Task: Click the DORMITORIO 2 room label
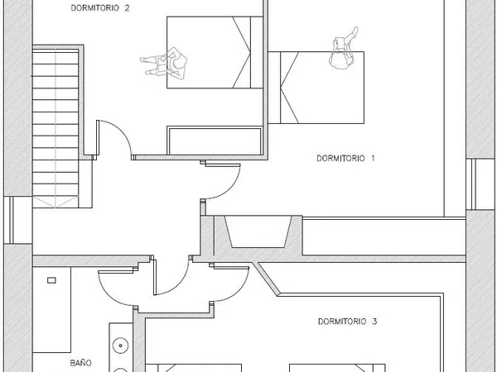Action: tap(100, 8)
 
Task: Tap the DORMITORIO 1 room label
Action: tap(345, 158)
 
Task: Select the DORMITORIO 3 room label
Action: tap(347, 322)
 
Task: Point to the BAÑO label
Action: tap(81, 363)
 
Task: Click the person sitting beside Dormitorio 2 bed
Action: tap(165, 64)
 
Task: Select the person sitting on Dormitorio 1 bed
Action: tap(344, 48)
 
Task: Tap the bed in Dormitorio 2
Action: tap(215, 52)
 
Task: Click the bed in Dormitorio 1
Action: tap(316, 88)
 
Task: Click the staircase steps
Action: tap(55, 126)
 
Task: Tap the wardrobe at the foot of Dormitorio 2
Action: tap(215, 141)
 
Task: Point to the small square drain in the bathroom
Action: tap(51, 280)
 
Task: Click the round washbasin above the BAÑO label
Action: tap(120, 346)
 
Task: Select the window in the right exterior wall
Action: tap(481, 184)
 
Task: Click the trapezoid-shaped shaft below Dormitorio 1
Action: tap(258, 231)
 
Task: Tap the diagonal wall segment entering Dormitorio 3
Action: tap(267, 279)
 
